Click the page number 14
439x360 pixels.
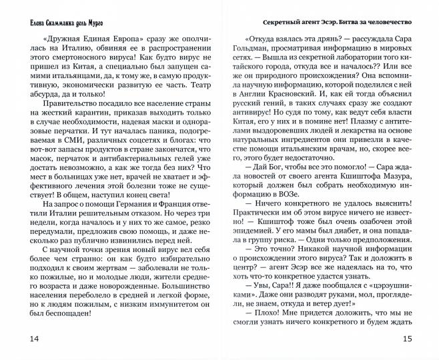[15, 339]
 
